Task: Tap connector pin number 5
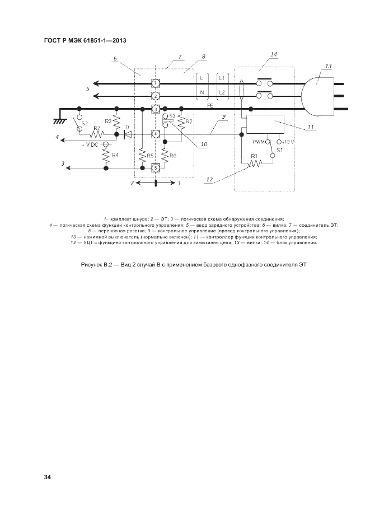[x=156, y=167]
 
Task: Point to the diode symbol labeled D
[x=127, y=134]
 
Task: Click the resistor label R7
[x=189, y=121]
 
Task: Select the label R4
[x=116, y=155]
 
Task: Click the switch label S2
[x=85, y=123]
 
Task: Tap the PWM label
[x=260, y=142]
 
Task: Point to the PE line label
[x=210, y=105]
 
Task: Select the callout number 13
[x=328, y=66]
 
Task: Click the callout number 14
[x=273, y=54]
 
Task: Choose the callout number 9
[x=223, y=116]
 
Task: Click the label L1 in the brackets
[x=222, y=77]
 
